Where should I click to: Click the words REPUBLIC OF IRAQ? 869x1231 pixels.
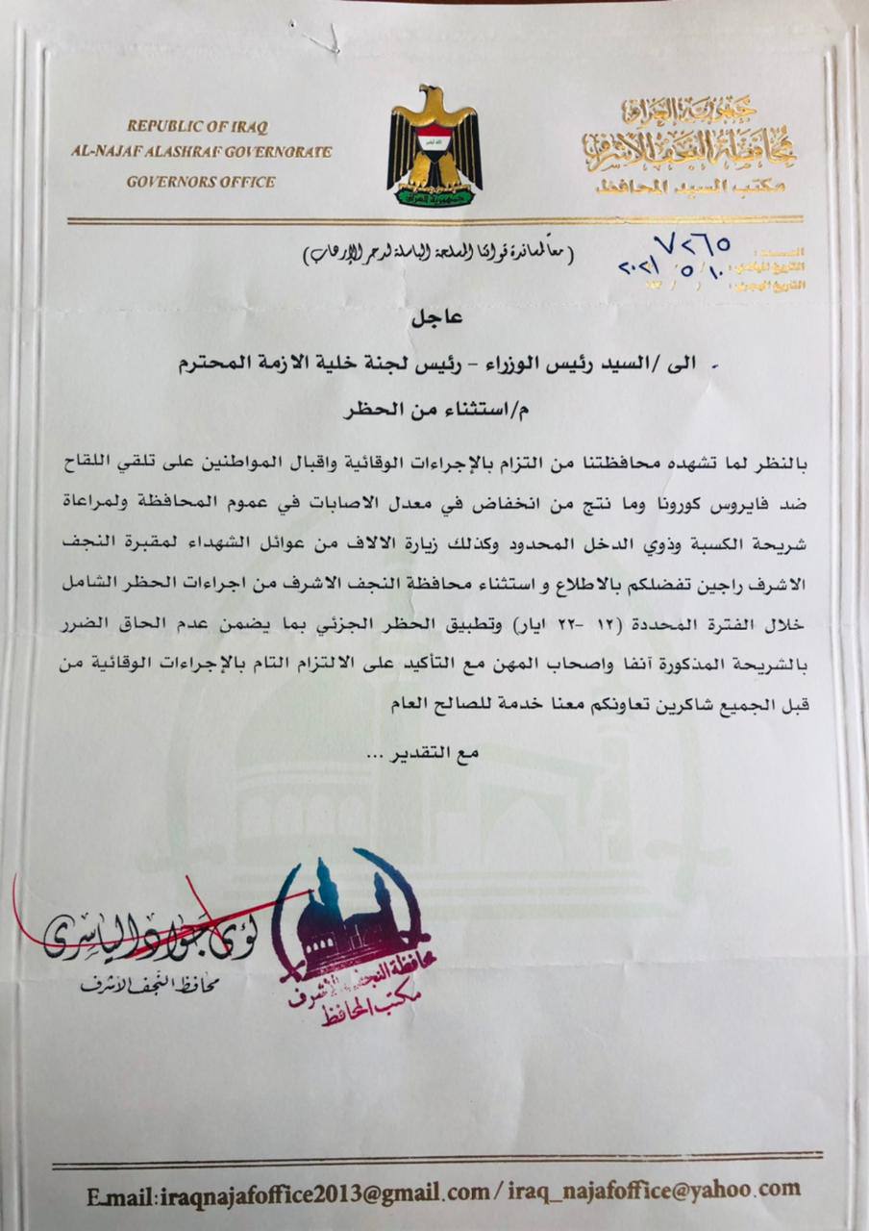coord(197,126)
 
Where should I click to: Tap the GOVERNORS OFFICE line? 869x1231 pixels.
coord(201,181)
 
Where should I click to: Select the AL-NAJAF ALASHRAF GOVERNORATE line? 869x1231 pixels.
coord(200,152)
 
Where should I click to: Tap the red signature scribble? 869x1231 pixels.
coord(144,928)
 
